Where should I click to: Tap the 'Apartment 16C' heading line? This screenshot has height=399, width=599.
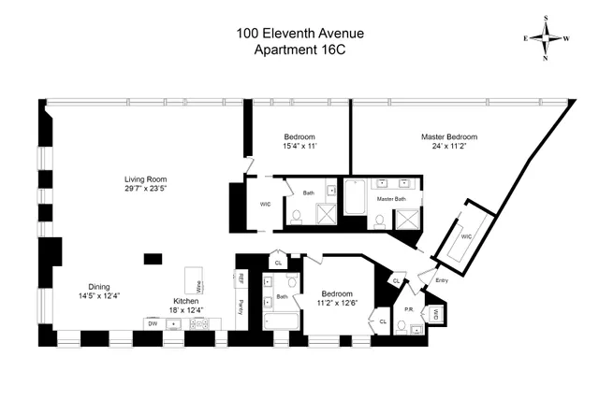tap(299, 50)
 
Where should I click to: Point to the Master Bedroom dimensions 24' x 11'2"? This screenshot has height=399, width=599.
tap(447, 146)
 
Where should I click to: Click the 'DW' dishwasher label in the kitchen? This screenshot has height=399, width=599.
tap(152, 323)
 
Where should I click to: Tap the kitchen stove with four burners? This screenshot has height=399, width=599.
tap(199, 323)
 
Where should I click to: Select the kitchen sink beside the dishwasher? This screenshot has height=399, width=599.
tap(175, 323)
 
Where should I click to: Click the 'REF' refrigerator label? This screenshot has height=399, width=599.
tap(239, 278)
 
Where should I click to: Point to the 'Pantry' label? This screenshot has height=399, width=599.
tap(239, 306)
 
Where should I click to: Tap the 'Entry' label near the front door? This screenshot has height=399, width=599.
tap(442, 279)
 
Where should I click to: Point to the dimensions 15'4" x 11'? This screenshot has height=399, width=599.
tap(300, 146)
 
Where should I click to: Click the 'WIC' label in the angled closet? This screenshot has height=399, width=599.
tap(466, 237)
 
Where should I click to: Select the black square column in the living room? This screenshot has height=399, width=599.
tap(153, 258)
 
